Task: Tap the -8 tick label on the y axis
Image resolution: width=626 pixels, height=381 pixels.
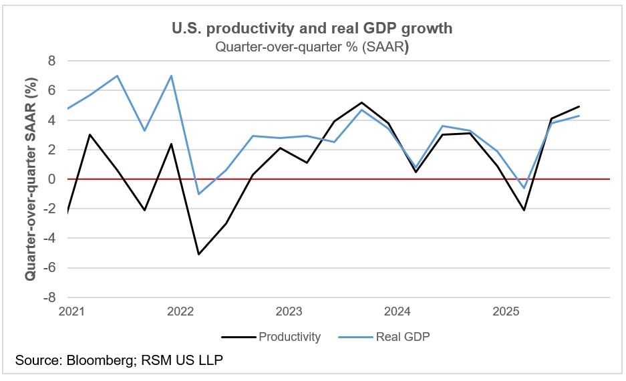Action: click(x=49, y=297)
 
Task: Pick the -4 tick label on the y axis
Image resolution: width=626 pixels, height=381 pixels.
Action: click(x=49, y=238)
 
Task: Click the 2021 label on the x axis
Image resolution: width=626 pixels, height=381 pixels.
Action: click(x=71, y=311)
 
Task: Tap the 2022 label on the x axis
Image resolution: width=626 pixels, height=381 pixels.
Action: click(x=180, y=311)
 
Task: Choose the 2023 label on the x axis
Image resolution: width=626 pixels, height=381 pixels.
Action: click(x=289, y=311)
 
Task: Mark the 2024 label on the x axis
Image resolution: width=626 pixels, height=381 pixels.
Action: click(x=398, y=311)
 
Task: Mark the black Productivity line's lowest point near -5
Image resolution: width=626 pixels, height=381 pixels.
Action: click(x=198, y=254)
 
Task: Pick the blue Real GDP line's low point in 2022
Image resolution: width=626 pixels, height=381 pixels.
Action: click(x=198, y=194)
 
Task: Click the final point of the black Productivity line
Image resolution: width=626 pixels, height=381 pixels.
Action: click(x=579, y=106)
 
